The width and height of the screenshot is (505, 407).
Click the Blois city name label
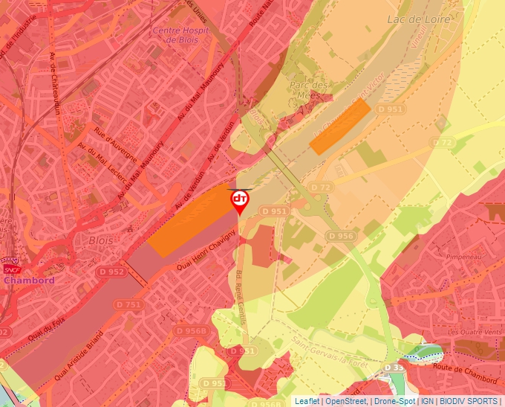101,241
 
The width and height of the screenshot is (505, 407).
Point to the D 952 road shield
111,272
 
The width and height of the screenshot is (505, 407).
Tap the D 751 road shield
128,304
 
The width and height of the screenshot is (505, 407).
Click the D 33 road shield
396,368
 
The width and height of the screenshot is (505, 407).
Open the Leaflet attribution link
307,401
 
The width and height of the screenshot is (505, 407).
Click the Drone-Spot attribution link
395,401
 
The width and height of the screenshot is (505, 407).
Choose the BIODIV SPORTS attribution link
469,401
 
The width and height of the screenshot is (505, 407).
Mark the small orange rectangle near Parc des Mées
340,126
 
